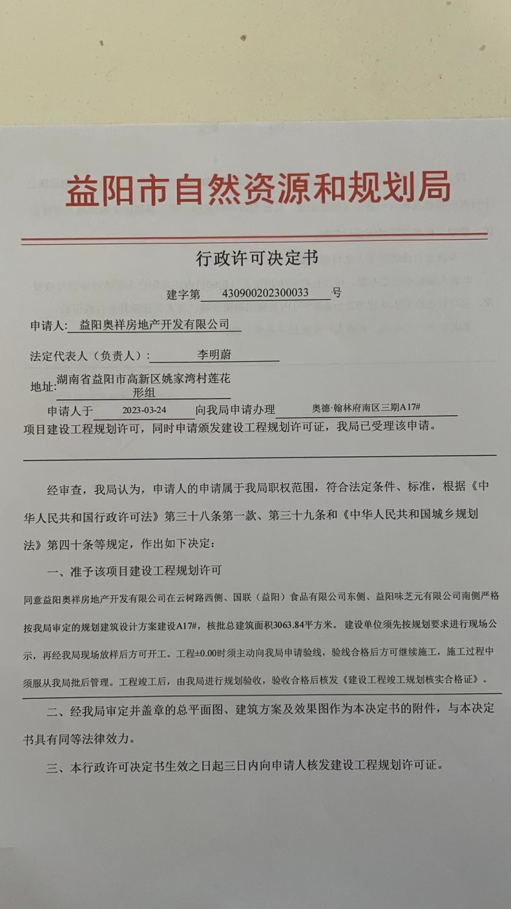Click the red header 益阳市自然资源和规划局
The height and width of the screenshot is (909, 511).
(258, 188)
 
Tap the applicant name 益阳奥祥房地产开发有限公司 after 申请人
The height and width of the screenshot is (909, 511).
(154, 325)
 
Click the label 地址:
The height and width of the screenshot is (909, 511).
(43, 387)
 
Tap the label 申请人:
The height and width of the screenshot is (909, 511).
(49, 326)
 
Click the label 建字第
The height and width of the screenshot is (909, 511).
(183, 294)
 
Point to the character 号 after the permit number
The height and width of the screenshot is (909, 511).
(337, 293)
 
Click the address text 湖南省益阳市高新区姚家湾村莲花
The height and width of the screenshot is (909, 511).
(143, 380)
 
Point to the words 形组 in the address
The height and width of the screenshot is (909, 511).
(143, 392)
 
